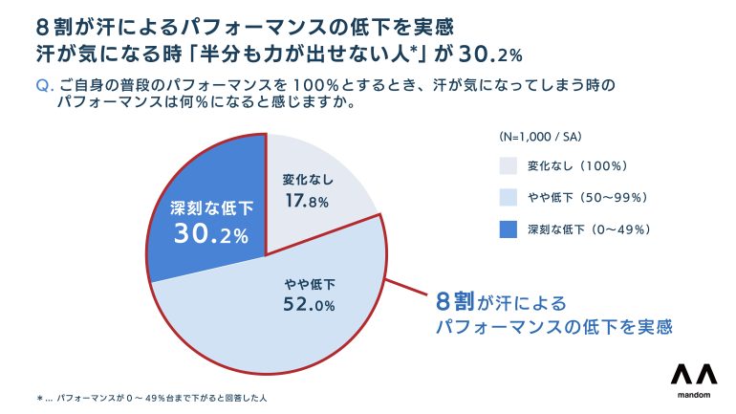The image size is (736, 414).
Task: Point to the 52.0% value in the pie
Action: (309, 306)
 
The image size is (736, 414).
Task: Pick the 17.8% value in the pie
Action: (306, 201)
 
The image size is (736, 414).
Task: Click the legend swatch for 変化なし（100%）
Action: (509, 165)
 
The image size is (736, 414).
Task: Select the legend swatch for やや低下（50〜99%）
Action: (509, 197)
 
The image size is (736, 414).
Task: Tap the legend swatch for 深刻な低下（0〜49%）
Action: (509, 229)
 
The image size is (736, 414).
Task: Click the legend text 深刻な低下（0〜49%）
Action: (589, 229)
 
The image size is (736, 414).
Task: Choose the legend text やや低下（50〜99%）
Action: (589, 197)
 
